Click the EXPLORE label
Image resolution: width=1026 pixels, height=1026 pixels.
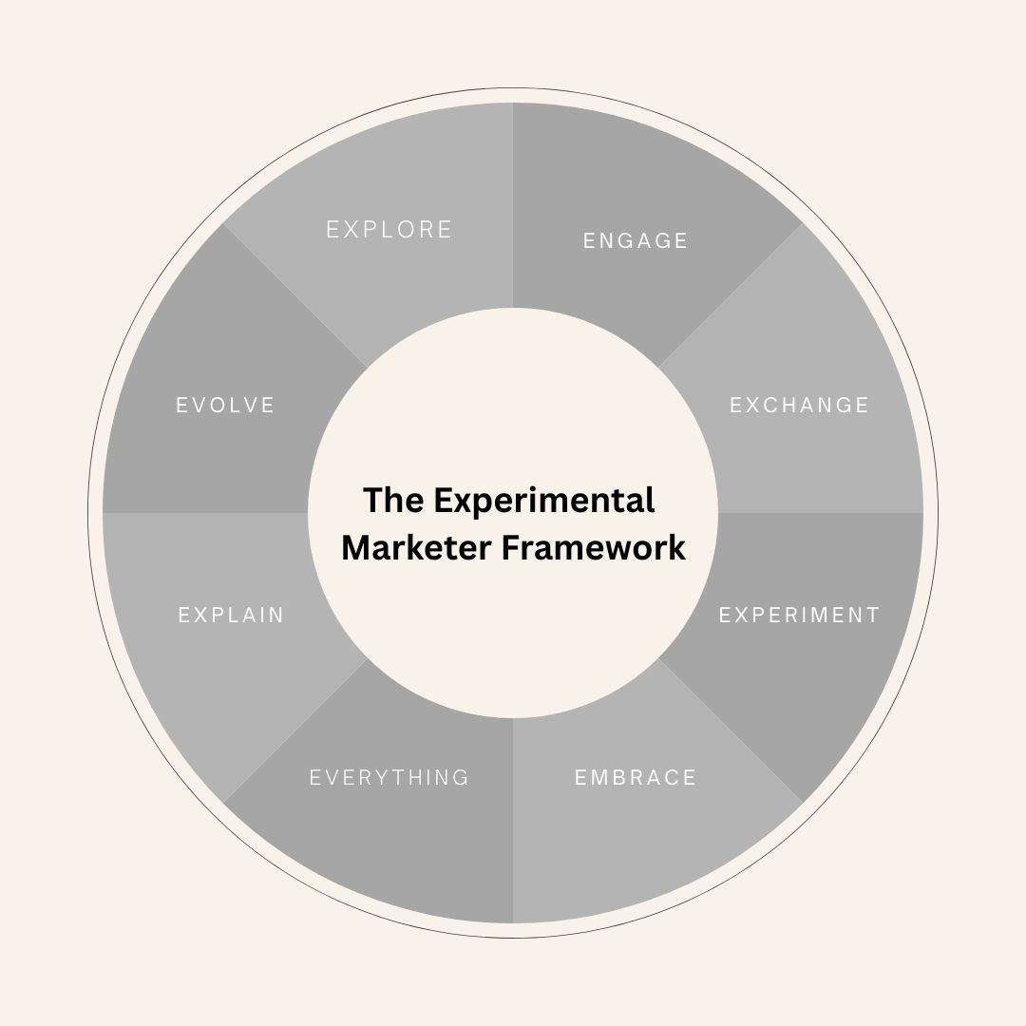click(x=389, y=230)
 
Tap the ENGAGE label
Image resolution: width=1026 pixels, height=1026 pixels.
click(x=636, y=241)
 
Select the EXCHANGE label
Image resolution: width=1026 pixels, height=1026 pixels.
click(x=799, y=406)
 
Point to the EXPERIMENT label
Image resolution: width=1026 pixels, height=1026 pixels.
click(x=799, y=616)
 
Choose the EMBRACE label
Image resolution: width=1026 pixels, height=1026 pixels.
click(x=636, y=778)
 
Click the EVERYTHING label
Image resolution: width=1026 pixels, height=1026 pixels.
click(x=389, y=778)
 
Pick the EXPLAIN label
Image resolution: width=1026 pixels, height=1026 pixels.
click(x=231, y=616)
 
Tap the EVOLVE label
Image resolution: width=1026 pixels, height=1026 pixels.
click(x=225, y=406)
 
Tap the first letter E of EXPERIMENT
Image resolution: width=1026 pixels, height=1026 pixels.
click(x=725, y=616)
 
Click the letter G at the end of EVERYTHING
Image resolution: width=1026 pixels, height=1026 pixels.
click(x=462, y=778)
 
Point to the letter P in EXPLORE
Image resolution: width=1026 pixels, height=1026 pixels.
click(x=372, y=230)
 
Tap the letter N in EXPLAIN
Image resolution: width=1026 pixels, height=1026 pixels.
click(x=276, y=616)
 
